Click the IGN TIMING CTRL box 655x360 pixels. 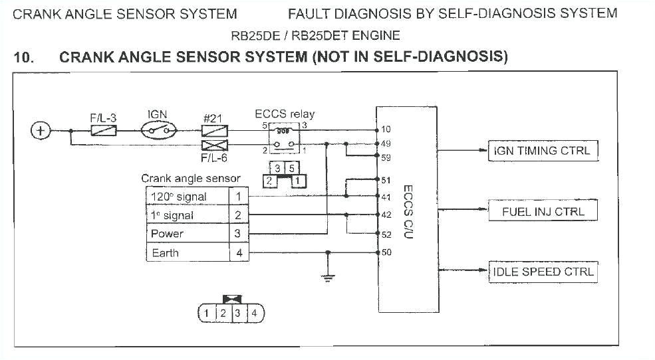[543, 151]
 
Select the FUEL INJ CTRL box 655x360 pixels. [543, 212]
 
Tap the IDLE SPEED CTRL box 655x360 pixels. [543, 272]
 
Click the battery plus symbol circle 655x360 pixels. [41, 131]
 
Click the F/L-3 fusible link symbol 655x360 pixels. [103, 132]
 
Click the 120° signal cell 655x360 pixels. [187, 197]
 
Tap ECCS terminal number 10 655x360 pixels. [386, 130]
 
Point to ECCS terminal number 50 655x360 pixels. [386, 252]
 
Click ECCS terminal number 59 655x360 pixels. [386, 158]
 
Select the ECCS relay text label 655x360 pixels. [285, 114]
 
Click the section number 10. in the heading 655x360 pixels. [24, 57]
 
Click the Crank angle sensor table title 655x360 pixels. [191, 179]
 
